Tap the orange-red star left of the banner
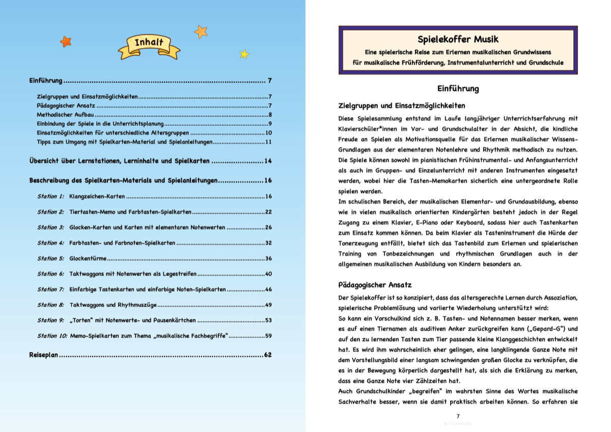[x=66, y=41]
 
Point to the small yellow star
[x=244, y=54]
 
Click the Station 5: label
[x=51, y=258]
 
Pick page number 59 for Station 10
[x=268, y=336]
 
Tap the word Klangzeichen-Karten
[x=97, y=196]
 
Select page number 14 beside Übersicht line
[x=268, y=161]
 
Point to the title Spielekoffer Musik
[x=458, y=39]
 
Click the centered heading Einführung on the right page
[x=458, y=89]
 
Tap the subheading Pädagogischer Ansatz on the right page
[x=375, y=285]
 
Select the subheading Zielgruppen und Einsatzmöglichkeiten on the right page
[x=401, y=106]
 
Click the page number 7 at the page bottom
[x=458, y=416]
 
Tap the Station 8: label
[x=51, y=305]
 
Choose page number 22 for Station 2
[x=268, y=211]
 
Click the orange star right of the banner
[x=201, y=32]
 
